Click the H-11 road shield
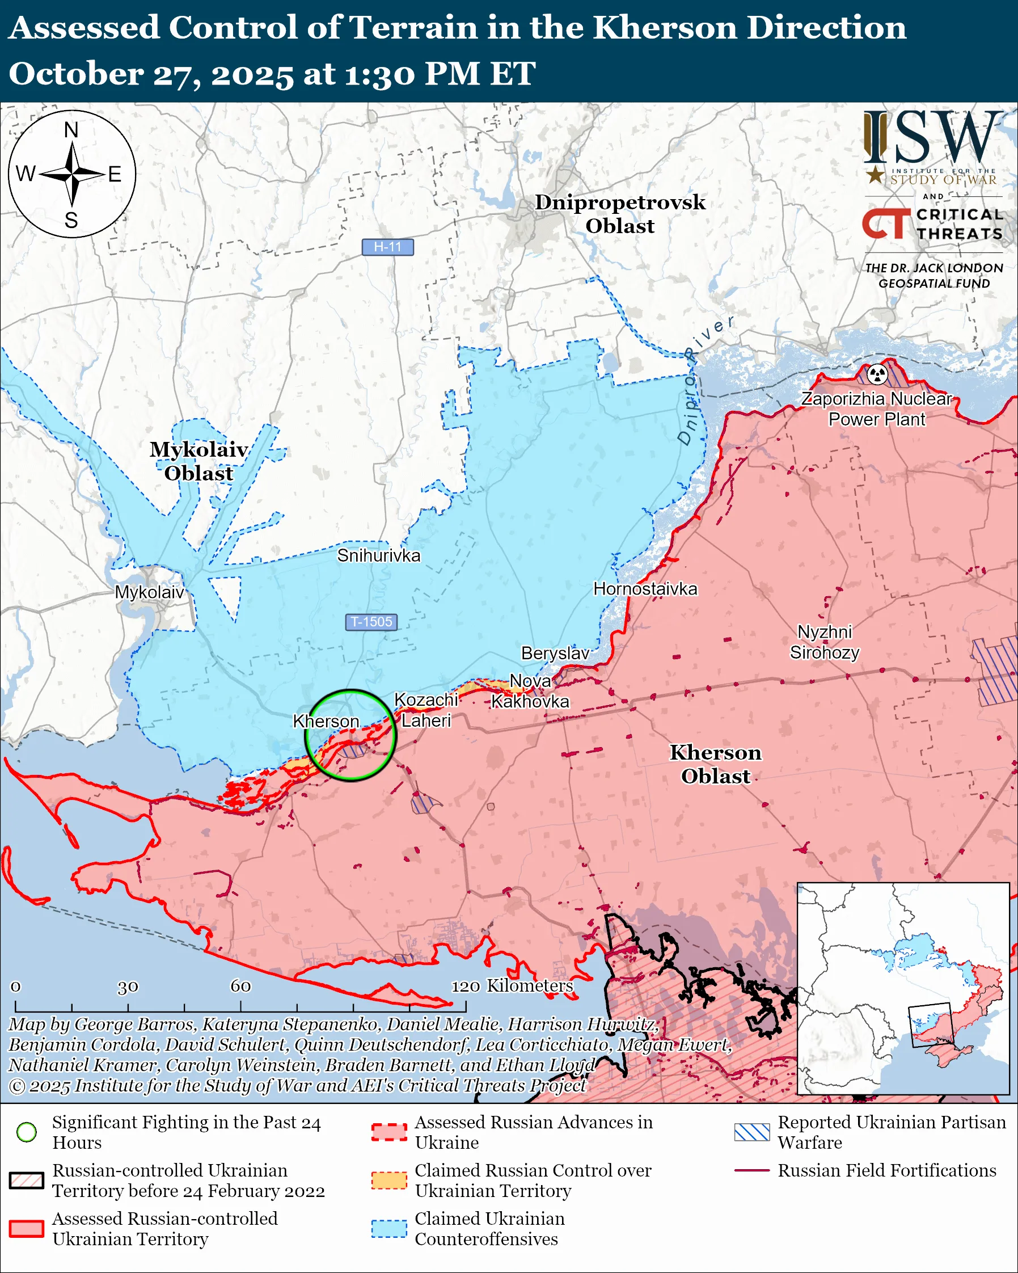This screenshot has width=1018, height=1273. click(387, 247)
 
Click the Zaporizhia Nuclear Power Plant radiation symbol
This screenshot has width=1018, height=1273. click(877, 374)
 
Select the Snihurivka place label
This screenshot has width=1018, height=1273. click(378, 555)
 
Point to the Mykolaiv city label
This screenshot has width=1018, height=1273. click(149, 592)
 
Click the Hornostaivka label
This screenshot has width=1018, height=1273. click(645, 589)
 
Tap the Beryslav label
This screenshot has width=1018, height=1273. click(555, 653)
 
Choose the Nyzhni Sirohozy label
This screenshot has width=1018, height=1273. click(825, 642)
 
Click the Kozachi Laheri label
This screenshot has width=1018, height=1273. click(425, 710)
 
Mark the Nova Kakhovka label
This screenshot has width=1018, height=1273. click(530, 692)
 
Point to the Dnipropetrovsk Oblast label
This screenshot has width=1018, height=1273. click(620, 214)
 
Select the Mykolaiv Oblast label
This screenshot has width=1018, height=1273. click(198, 461)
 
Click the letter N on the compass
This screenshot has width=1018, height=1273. click(71, 130)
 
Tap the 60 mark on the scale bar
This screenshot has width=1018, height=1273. click(240, 986)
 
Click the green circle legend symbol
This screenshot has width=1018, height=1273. click(27, 1132)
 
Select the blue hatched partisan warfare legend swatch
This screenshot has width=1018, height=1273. click(752, 1132)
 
